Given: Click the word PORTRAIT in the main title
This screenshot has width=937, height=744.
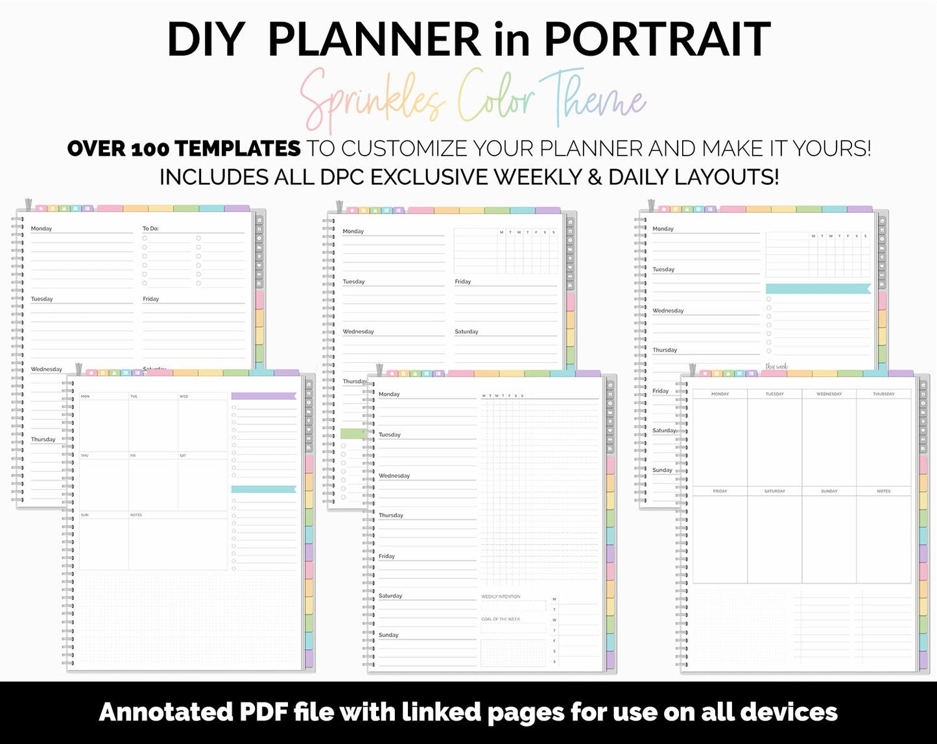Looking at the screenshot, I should tap(657, 40).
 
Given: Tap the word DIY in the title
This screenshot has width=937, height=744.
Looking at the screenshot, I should tap(204, 40).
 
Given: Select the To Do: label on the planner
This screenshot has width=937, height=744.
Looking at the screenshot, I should tap(150, 229).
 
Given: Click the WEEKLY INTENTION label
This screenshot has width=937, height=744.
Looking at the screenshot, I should tap(501, 597).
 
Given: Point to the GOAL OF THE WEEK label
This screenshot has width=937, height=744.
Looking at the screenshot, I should tap(501, 619).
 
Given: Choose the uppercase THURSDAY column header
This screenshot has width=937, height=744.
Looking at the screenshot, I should tap(883, 394).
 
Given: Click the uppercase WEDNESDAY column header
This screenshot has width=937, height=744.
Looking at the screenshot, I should tap(829, 394).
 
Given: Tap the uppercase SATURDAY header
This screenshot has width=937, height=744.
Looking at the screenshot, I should tap(774, 492).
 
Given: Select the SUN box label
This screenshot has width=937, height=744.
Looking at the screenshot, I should tap(85, 515).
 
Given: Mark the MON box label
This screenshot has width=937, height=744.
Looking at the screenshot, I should tap(85, 396).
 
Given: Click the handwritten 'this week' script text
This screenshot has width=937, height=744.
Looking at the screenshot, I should tap(776, 367).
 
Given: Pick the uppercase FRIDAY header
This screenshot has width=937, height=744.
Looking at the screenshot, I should tap(720, 492).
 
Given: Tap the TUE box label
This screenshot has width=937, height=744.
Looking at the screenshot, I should tap(134, 396).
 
